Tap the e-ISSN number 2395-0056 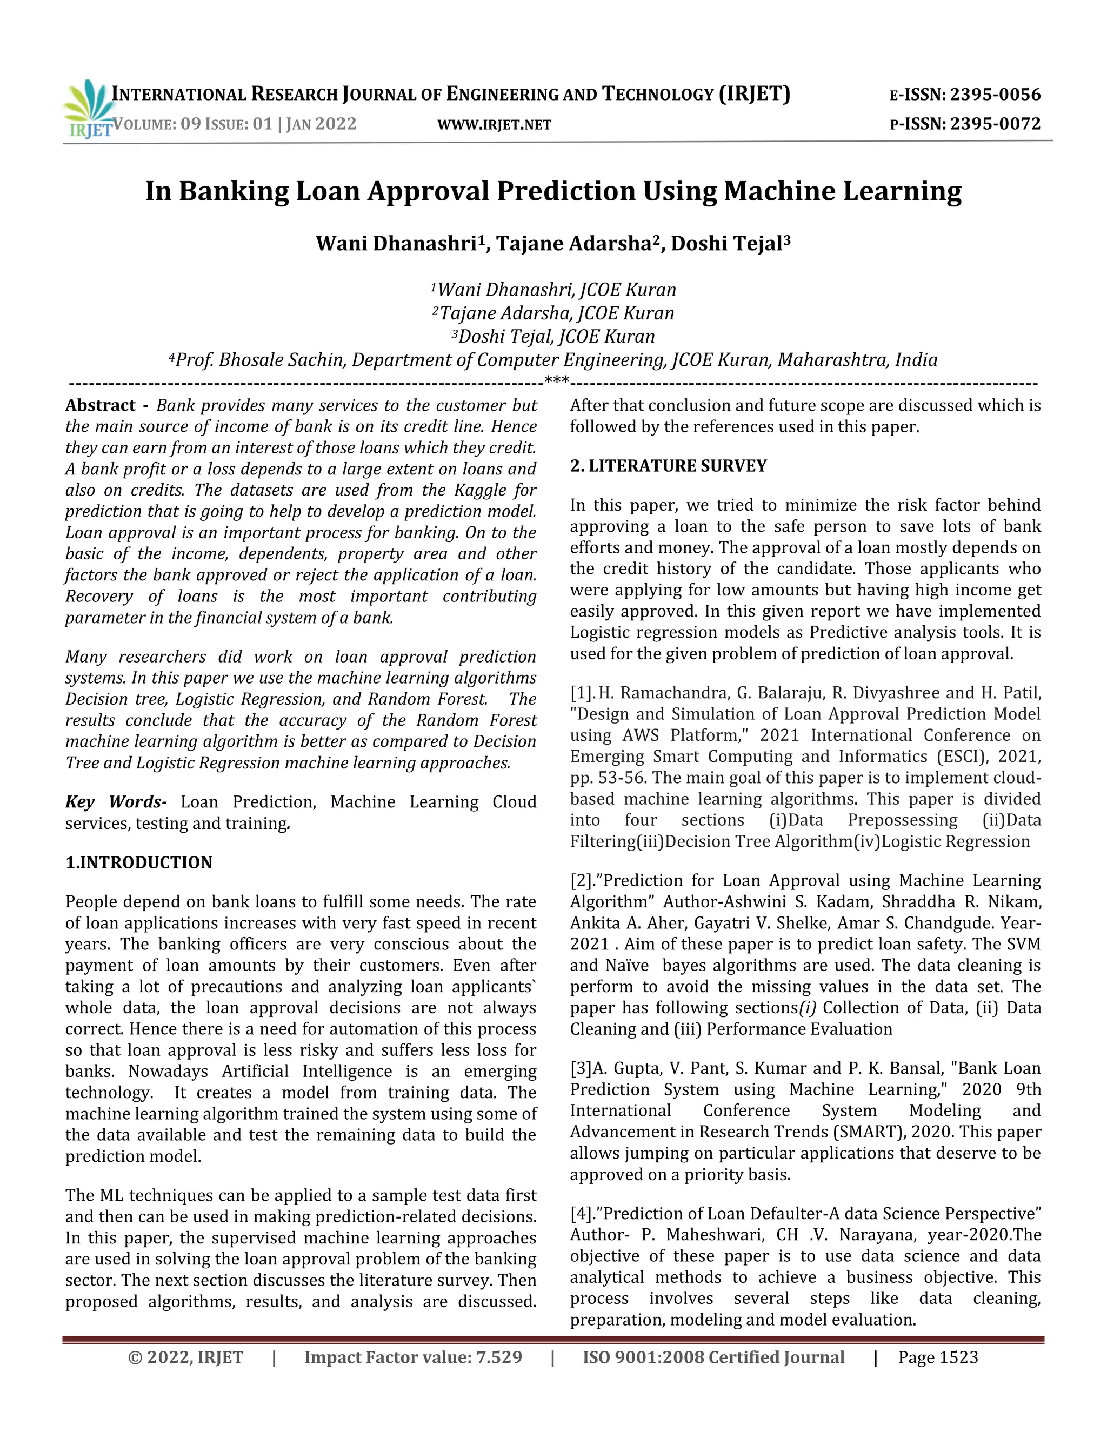tap(995, 95)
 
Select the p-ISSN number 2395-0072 tap(995, 124)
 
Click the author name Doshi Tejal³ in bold tap(731, 243)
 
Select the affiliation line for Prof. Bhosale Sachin tap(553, 360)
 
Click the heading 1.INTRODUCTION tap(139, 862)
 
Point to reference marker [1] tap(582, 693)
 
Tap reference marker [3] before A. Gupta tap(581, 1068)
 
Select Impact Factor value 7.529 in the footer tap(413, 1357)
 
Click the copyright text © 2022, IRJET tap(185, 1357)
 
